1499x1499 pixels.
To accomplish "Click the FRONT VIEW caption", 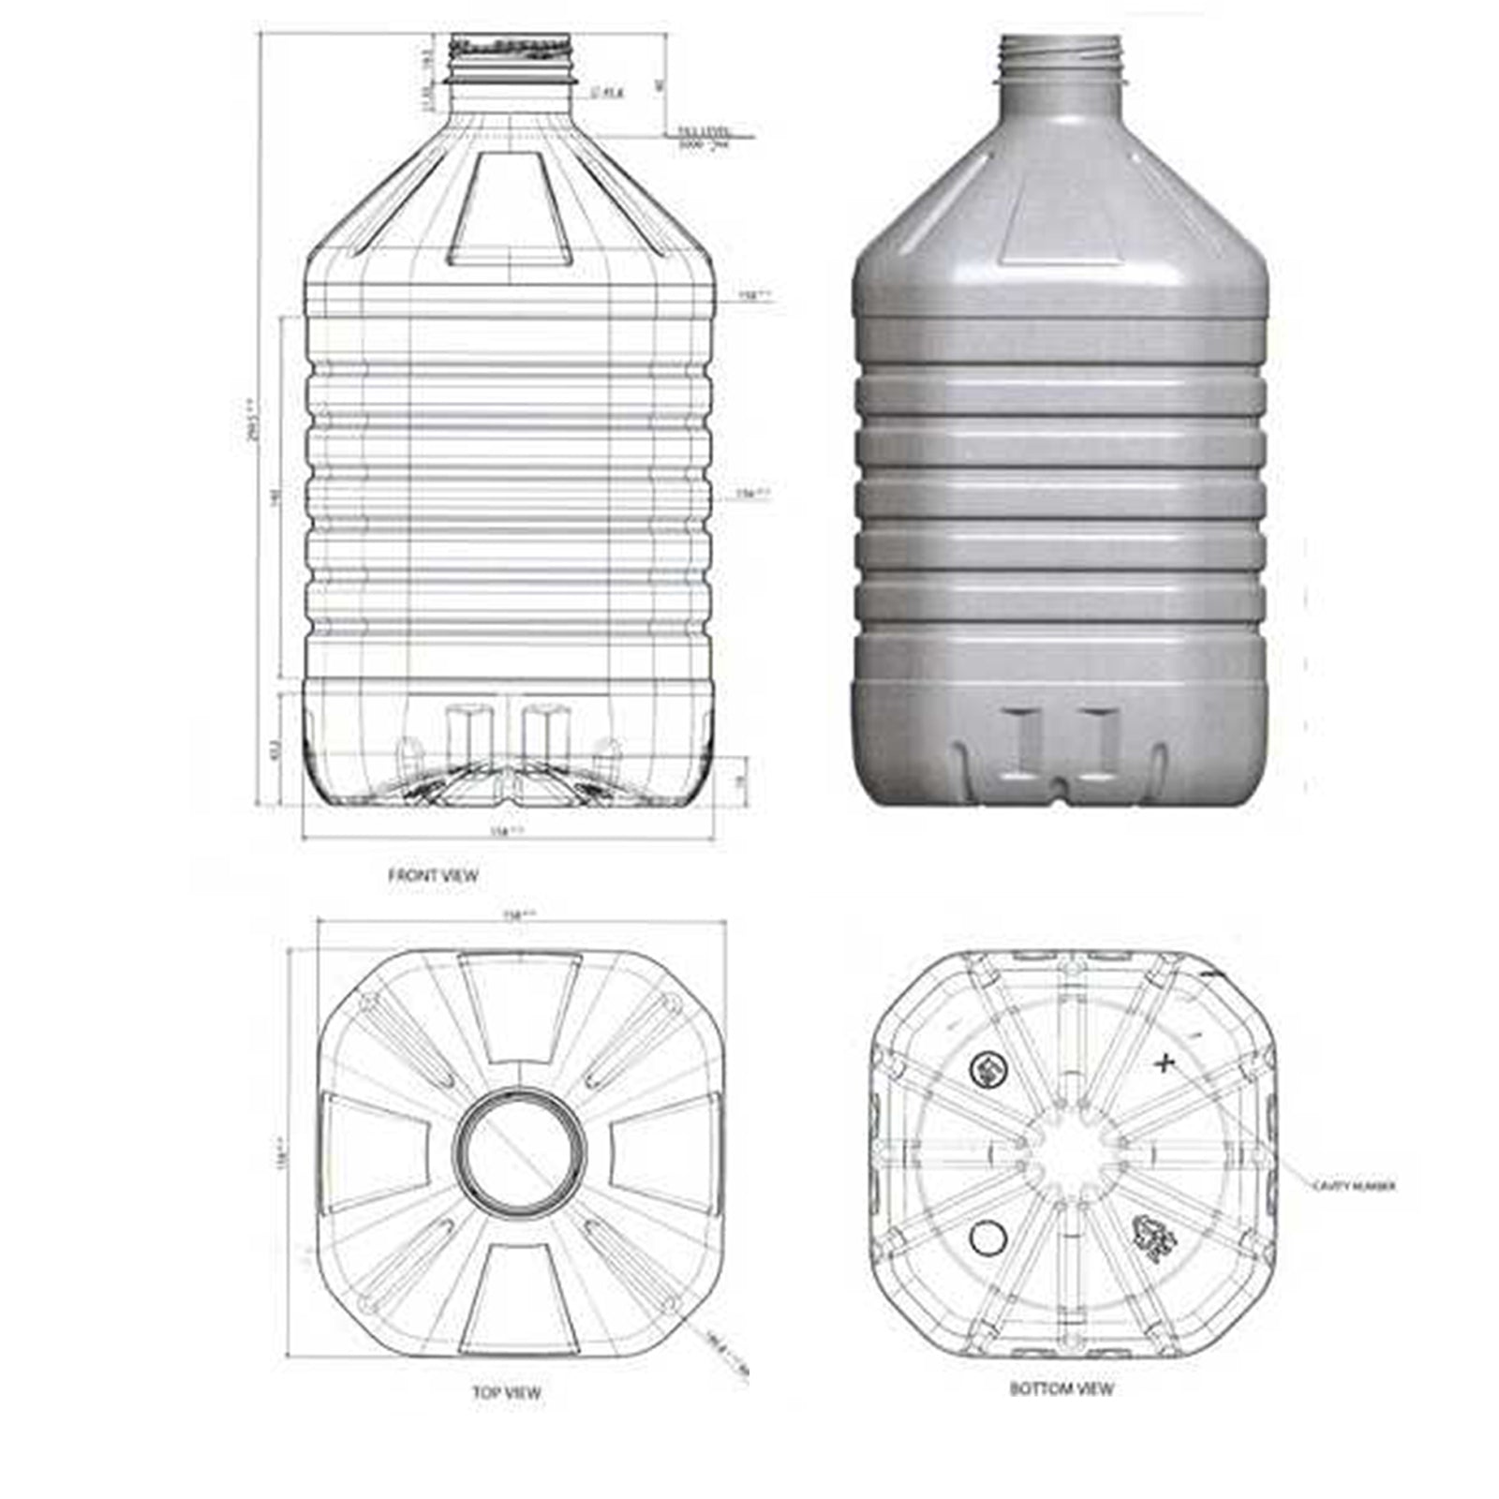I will tap(433, 876).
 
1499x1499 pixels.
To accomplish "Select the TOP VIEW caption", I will tap(506, 1393).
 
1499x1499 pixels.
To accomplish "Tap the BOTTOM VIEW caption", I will tap(1061, 1388).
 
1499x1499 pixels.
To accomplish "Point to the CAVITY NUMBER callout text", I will tap(1353, 1186).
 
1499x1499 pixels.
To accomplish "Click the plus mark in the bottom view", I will tap(1165, 1062).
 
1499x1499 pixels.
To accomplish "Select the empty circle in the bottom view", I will tap(987, 1239).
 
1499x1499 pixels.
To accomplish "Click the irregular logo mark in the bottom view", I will tap(1152, 1238).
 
